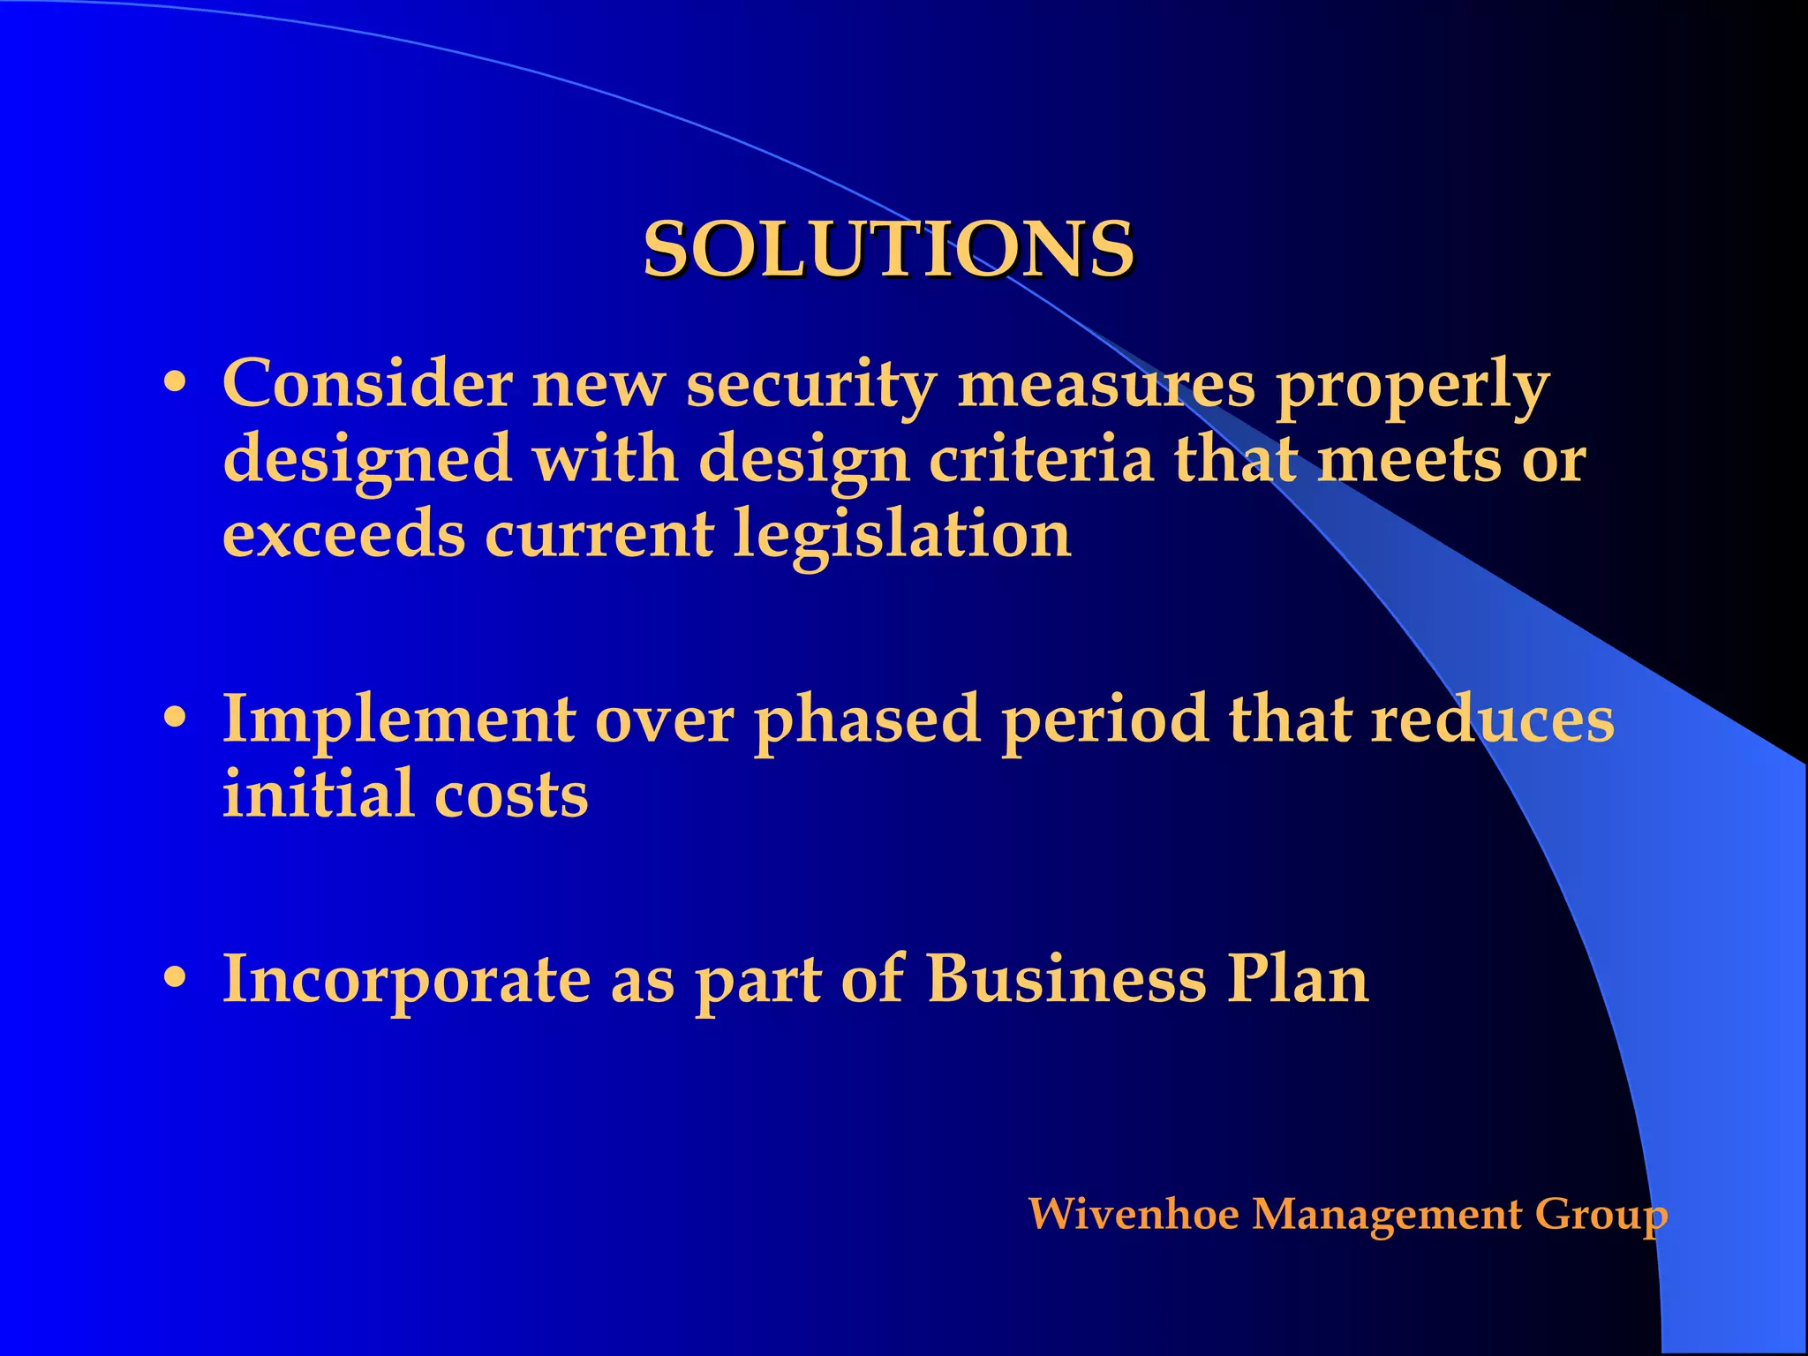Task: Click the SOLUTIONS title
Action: click(888, 249)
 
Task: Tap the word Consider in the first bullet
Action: click(366, 385)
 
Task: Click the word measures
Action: click(1106, 385)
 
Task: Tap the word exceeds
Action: click(343, 535)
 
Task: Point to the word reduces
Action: click(1492, 719)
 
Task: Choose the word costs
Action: click(511, 795)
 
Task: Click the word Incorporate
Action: click(407, 980)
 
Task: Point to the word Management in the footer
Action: click(1387, 1216)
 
